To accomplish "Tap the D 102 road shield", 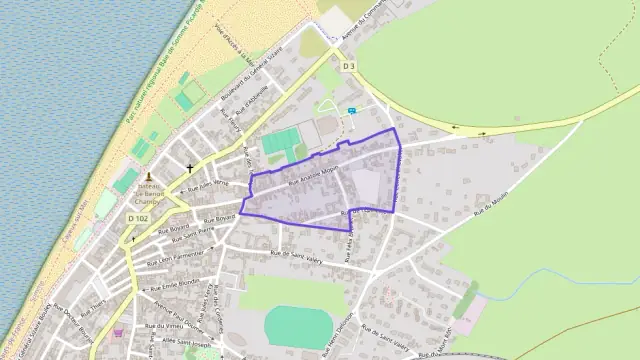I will pos(138,217).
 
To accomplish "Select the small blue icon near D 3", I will pos(351,110).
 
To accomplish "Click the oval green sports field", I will pos(299,326).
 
